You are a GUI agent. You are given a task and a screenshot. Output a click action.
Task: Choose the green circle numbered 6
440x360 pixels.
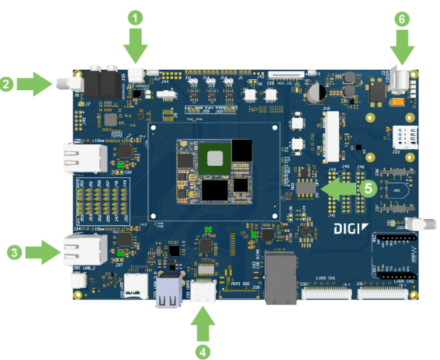pos(402,20)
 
